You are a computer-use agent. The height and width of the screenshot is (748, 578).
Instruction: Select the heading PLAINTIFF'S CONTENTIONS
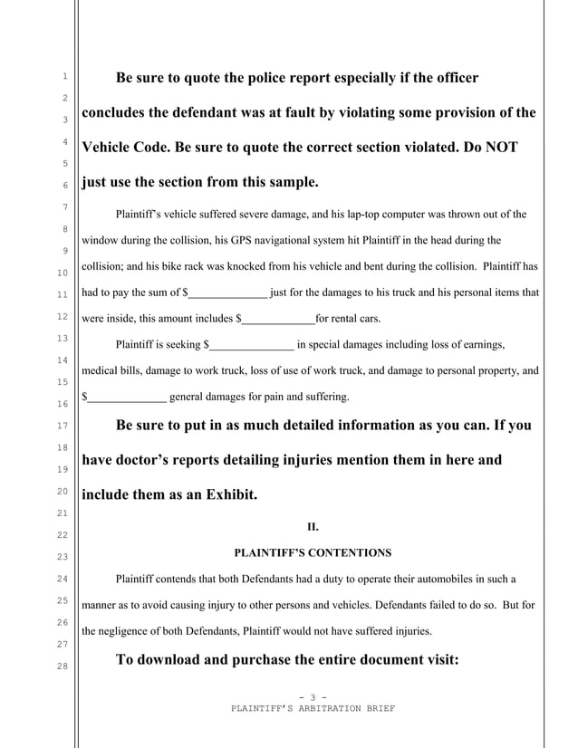click(313, 551)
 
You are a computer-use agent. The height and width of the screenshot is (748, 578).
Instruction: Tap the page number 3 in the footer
click(313, 696)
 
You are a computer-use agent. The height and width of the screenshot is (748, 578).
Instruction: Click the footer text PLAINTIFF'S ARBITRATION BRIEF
click(313, 708)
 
